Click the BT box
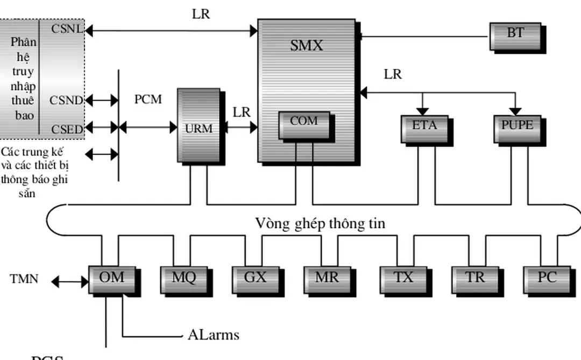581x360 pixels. [515, 36]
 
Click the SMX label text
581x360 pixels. [306, 46]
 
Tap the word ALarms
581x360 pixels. [213, 335]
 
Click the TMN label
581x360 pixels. [24, 279]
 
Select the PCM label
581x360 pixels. [148, 100]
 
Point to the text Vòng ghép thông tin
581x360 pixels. [320, 223]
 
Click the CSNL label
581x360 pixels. [67, 30]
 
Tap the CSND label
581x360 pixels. [66, 101]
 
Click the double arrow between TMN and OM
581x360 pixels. [70, 281]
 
